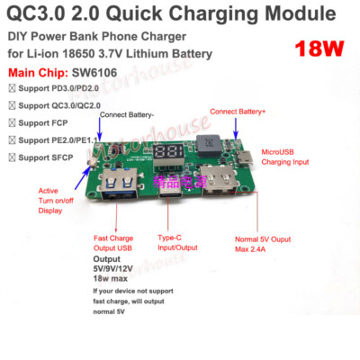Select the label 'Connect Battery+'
[238, 111]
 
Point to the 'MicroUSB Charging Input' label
[287, 158]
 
